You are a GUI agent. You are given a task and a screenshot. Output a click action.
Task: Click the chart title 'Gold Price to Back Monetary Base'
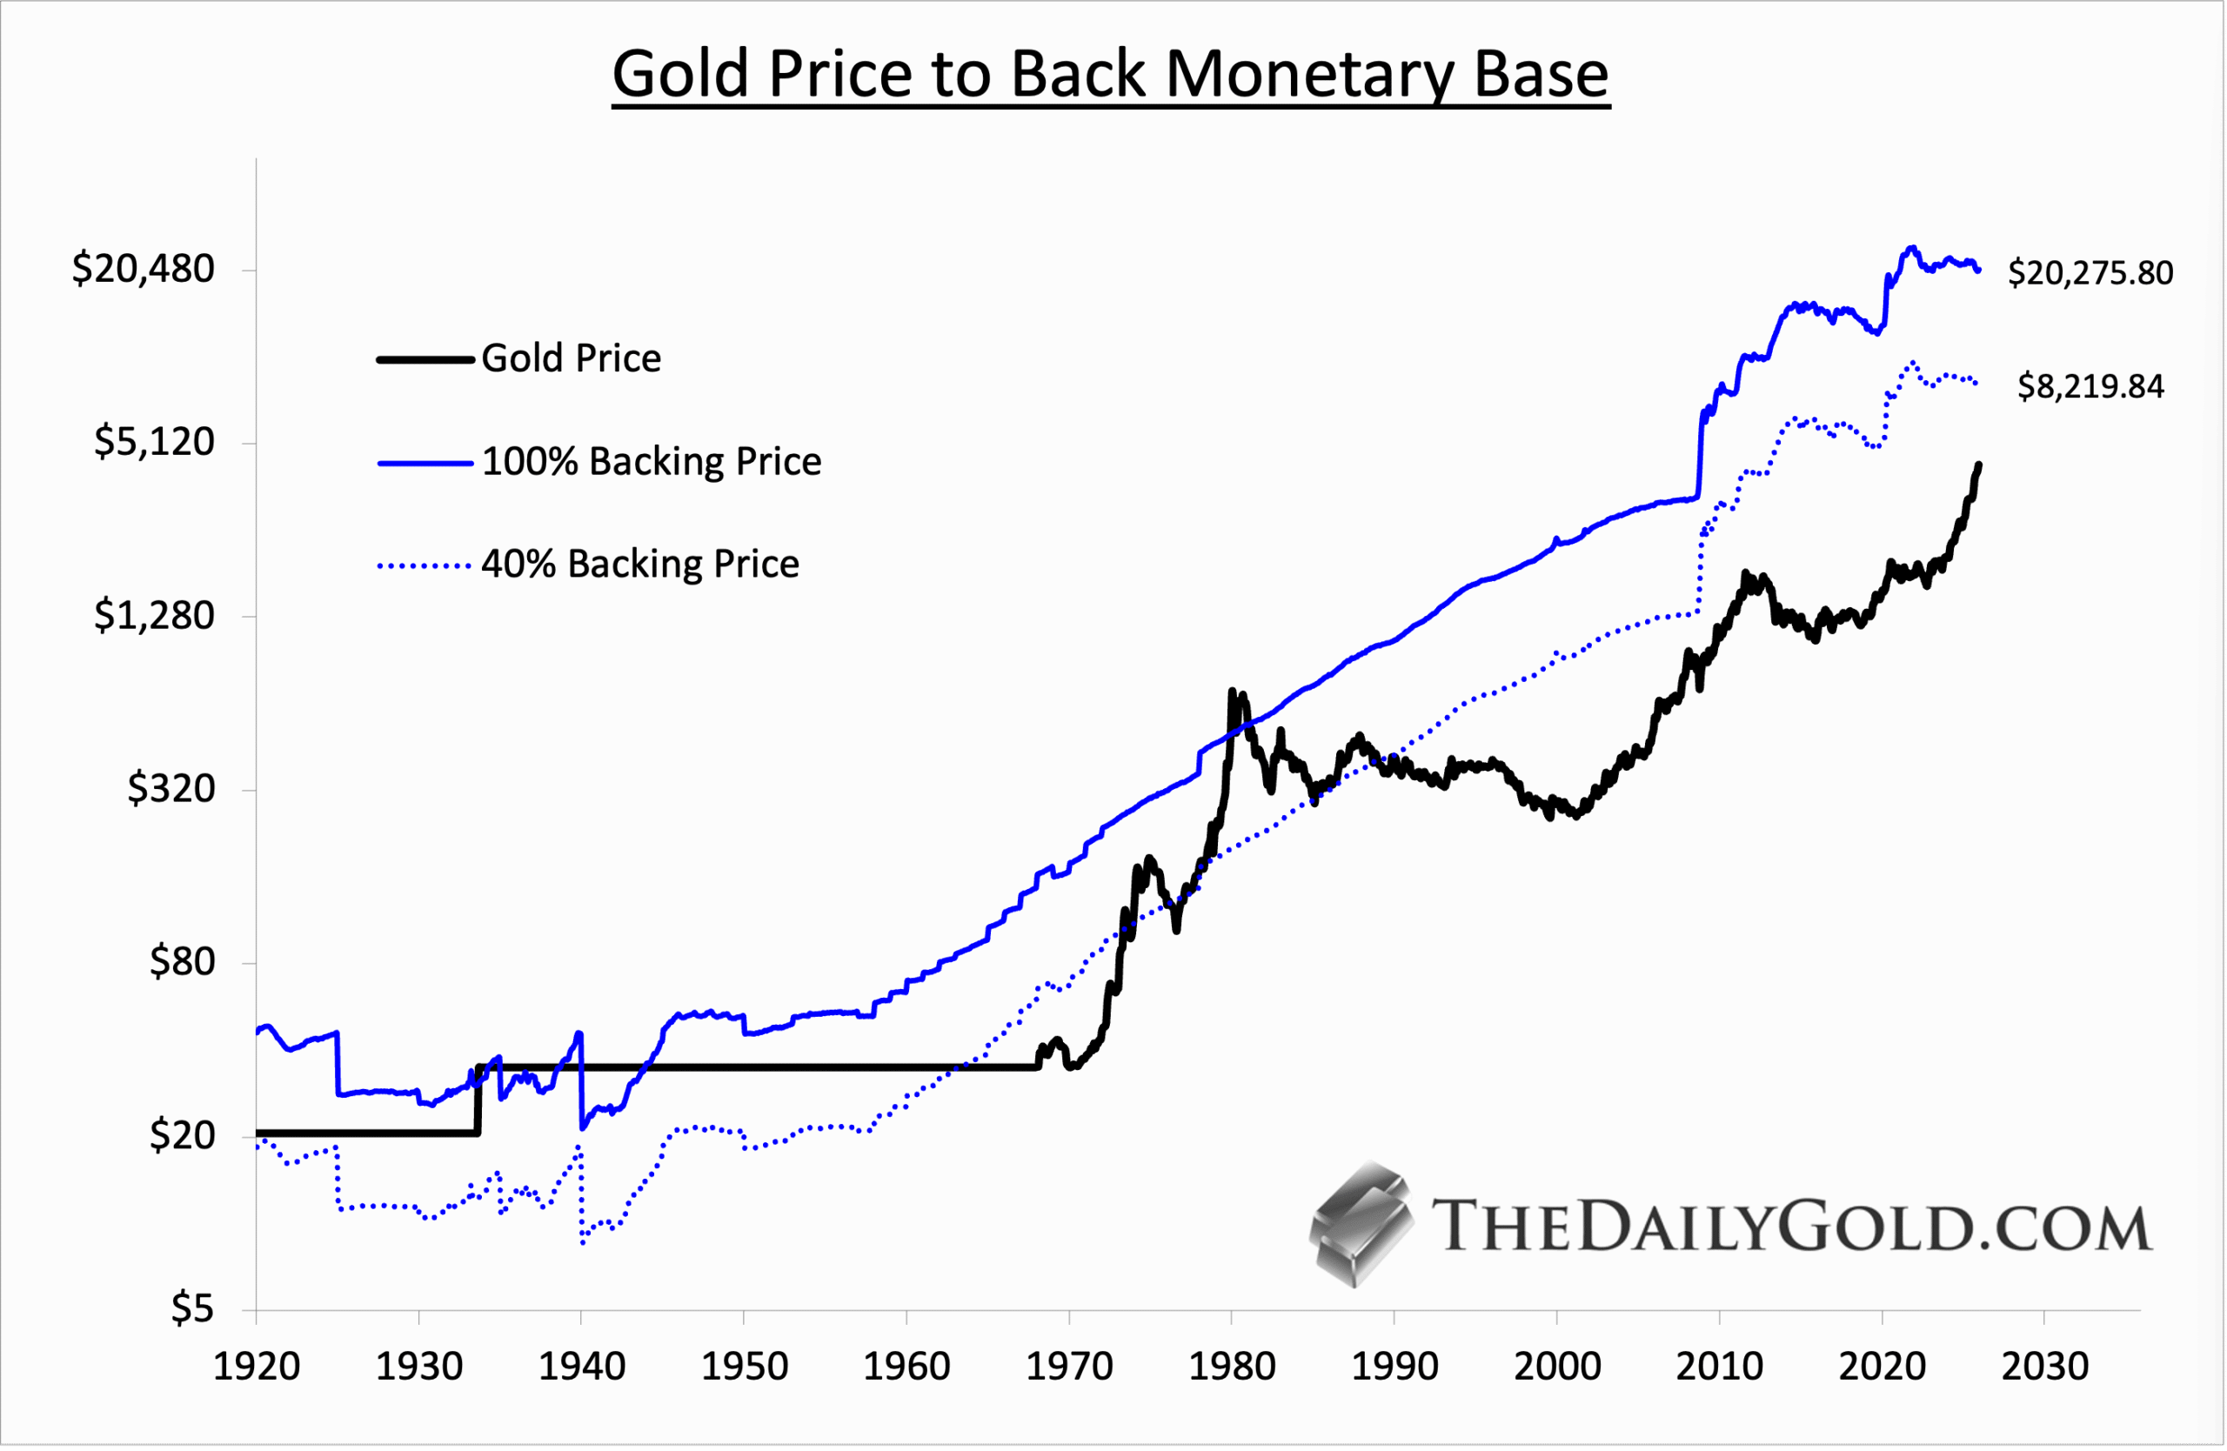[1111, 74]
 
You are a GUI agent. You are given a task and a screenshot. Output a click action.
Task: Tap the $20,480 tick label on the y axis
[144, 269]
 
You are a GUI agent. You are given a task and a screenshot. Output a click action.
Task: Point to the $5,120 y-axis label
[154, 441]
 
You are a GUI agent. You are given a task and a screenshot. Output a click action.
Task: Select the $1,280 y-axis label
[154, 615]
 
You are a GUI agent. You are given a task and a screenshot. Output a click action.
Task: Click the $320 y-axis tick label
[171, 788]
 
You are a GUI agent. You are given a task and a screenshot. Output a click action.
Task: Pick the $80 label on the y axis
[183, 962]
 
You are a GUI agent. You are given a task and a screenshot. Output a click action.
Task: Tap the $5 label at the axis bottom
[193, 1307]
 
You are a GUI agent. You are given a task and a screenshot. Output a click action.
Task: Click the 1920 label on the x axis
[257, 1367]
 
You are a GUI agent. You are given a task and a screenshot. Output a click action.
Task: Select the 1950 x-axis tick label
[744, 1367]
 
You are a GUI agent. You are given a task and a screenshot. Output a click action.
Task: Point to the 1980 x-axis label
[1232, 1367]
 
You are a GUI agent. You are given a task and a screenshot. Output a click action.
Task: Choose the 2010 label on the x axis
[1719, 1367]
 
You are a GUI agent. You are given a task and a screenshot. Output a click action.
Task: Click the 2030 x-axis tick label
[2044, 1367]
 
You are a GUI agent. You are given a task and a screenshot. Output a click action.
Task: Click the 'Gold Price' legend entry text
[571, 358]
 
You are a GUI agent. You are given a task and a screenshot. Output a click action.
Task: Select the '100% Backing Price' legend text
[652, 461]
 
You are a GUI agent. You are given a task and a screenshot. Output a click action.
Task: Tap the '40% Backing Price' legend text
[640, 564]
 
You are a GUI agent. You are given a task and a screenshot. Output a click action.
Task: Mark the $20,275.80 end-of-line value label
[2090, 273]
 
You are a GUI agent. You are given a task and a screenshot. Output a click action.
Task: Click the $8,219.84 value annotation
[2090, 386]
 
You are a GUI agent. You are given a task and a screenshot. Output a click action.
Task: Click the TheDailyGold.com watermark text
[1791, 1226]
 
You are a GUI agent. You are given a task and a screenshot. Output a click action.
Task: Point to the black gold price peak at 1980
[1232, 692]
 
